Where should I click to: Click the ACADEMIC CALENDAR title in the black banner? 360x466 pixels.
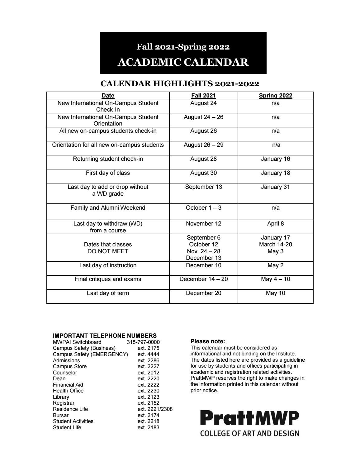(183, 62)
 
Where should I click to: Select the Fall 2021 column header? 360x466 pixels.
(203, 96)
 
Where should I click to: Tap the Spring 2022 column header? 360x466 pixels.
(276, 96)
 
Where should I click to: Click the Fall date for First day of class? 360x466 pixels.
(203, 173)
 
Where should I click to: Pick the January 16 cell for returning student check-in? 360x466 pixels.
(276, 159)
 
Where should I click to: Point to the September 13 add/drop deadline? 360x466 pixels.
(203, 187)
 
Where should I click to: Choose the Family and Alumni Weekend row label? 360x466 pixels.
(108, 208)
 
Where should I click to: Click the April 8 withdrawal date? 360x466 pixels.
(276, 224)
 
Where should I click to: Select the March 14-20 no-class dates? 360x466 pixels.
(276, 245)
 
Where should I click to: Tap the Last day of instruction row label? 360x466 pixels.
(108, 265)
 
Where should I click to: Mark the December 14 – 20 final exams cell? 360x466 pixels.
(203, 279)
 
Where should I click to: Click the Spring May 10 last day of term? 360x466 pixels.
(276, 293)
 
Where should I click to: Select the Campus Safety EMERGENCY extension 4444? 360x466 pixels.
(148, 354)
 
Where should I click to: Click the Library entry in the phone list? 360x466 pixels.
(61, 397)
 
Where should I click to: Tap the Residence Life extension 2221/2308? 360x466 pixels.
(155, 409)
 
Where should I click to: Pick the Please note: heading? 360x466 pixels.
(208, 341)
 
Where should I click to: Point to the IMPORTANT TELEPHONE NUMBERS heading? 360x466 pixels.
(105, 336)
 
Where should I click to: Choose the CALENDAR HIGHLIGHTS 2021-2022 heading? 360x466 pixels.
(180, 84)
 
